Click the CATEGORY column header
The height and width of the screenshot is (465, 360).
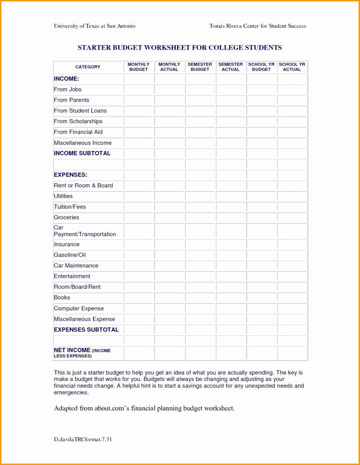(x=88, y=67)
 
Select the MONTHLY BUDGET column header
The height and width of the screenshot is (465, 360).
(x=138, y=67)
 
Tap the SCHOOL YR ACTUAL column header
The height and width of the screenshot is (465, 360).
(x=292, y=67)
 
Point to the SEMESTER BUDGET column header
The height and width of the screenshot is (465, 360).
(x=200, y=67)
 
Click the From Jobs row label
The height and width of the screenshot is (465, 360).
(x=67, y=90)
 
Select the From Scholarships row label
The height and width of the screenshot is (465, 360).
(x=78, y=121)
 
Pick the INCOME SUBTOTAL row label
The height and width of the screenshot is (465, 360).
(x=82, y=153)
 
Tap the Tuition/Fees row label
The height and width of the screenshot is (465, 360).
(x=70, y=207)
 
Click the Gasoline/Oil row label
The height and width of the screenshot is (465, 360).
(x=70, y=255)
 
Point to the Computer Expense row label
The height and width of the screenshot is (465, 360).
(x=79, y=308)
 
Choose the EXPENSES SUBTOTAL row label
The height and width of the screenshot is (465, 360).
(x=86, y=330)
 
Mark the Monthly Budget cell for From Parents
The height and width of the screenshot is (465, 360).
(x=139, y=100)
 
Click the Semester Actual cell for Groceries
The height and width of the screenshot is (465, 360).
(x=231, y=217)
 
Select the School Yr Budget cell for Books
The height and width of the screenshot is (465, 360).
(x=262, y=298)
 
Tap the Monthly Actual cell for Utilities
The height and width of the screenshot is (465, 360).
(x=169, y=196)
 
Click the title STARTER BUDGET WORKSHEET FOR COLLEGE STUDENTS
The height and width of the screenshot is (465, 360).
(x=180, y=48)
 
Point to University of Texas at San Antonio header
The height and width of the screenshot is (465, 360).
(x=95, y=26)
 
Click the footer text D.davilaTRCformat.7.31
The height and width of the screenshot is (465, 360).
(x=83, y=439)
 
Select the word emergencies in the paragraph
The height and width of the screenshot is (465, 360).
(x=71, y=393)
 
